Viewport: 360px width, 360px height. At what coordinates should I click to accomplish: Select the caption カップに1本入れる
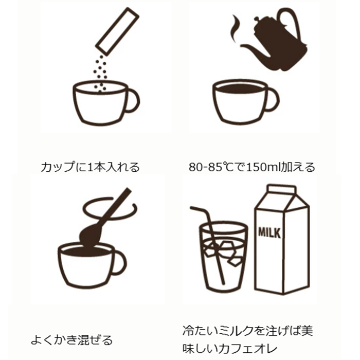coord(90,167)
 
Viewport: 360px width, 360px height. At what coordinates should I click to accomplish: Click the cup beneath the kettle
coord(239,100)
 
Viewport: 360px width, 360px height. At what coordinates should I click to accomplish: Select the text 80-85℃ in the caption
coord(208,167)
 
